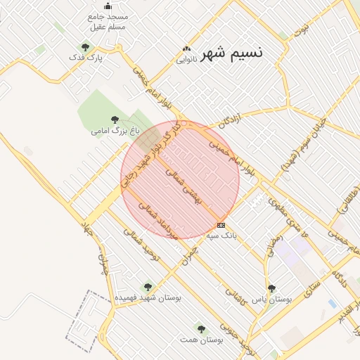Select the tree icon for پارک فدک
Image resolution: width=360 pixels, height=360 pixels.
[x=85, y=48]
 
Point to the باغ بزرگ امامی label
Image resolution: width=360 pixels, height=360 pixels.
[x=115, y=131]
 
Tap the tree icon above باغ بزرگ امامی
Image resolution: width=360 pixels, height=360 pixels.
[x=115, y=120]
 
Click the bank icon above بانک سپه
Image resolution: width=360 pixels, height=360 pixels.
[x=221, y=225]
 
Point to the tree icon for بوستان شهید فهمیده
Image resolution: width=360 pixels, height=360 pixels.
[x=148, y=287]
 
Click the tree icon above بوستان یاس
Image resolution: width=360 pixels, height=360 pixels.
[x=271, y=288]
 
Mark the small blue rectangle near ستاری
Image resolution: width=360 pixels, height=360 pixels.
[x=331, y=303]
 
